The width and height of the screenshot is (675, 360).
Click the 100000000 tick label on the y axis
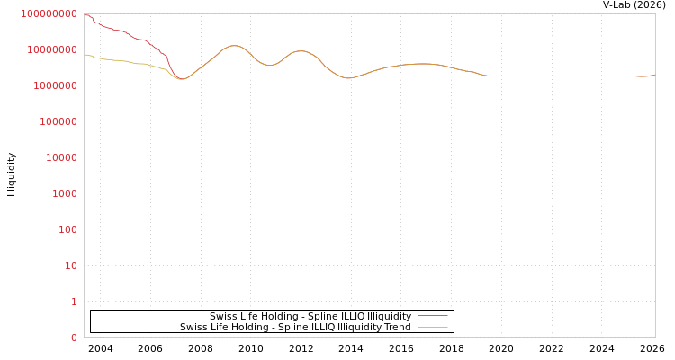(49, 13)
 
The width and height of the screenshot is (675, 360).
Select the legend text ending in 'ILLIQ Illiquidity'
(310, 316)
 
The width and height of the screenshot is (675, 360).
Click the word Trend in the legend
(396, 327)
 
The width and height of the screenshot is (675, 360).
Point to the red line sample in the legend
(433, 316)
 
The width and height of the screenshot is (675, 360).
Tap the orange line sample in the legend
(433, 327)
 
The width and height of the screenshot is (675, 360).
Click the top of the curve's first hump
(234, 45)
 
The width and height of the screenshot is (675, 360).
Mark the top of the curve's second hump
(300, 50)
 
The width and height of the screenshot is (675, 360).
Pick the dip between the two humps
(269, 65)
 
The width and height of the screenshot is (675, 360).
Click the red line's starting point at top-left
(85, 13)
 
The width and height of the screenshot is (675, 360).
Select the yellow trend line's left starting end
(85, 55)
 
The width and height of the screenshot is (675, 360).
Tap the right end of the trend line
(654, 75)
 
